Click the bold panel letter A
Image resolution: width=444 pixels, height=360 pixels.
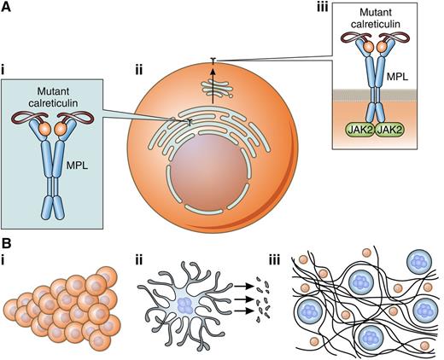pyautogui.click(x=7, y=7)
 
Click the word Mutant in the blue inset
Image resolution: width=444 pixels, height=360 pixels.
pyautogui.click(x=58, y=89)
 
